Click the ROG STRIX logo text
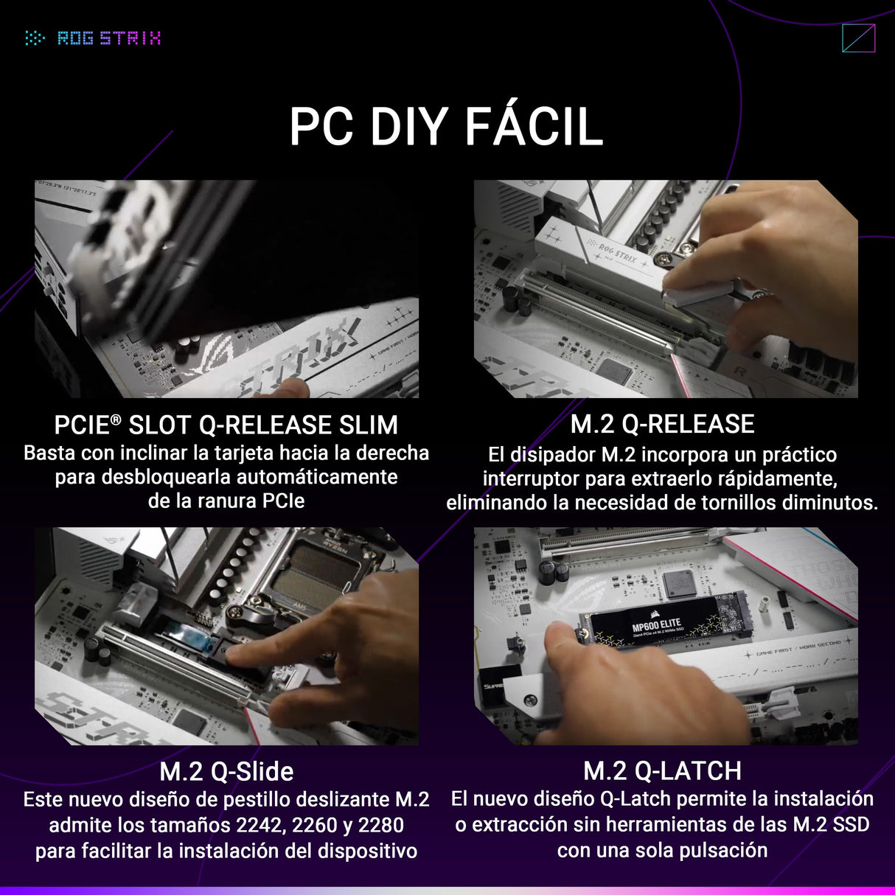(108, 38)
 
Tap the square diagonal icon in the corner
(858, 38)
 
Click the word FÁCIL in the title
(534, 128)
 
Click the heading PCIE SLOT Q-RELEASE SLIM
(226, 425)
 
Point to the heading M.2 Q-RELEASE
(662, 425)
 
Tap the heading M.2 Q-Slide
(226, 772)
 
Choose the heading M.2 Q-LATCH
(662, 771)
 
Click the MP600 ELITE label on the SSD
(656, 625)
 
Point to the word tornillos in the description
(742, 504)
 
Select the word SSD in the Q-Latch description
(851, 825)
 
